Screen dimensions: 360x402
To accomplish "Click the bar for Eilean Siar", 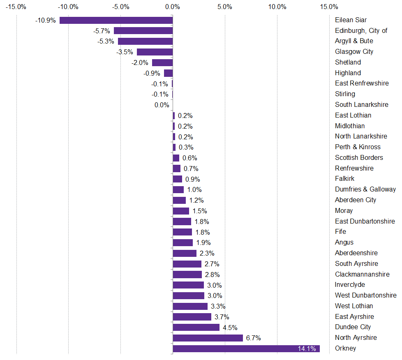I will click(116, 20).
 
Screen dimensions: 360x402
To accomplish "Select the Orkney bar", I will click(246, 348).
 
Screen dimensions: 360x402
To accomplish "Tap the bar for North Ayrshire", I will click(208, 338).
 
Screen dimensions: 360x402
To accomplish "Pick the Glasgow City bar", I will click(155, 52).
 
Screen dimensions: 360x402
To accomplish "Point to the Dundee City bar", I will click(196, 327).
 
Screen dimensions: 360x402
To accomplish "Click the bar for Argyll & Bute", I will click(145, 41).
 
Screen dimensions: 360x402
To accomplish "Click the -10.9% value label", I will click(46, 20).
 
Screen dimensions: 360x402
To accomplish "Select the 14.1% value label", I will click(307, 349).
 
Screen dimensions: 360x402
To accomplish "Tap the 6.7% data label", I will click(254, 338).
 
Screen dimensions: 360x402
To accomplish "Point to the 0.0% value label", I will click(162, 105).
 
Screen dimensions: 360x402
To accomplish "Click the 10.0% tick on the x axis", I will click(277, 7).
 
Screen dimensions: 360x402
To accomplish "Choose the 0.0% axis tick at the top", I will click(173, 7).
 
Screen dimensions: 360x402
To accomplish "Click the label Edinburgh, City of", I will click(361, 30).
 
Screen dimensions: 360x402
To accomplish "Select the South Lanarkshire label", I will click(361, 104).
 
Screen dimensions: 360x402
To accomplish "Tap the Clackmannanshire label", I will click(362, 274).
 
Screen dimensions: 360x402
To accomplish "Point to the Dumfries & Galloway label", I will click(365, 189).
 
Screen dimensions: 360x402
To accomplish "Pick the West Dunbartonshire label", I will click(365, 295).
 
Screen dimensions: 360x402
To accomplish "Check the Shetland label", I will click(348, 62).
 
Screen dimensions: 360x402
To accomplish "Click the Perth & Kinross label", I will click(358, 147).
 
